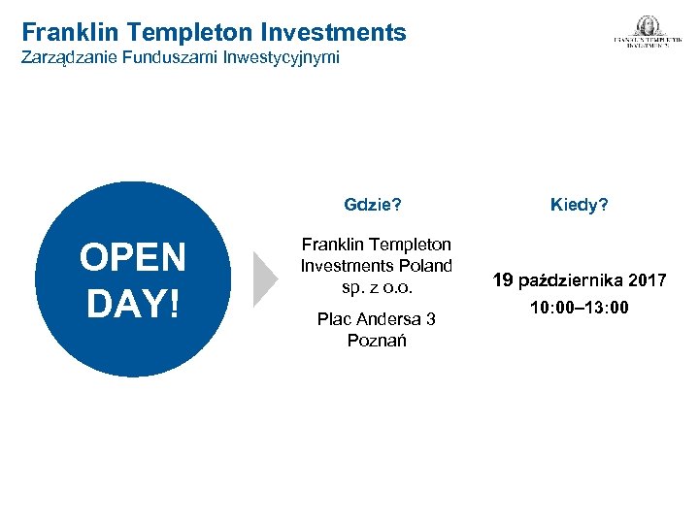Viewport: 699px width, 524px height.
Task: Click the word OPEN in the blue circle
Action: point(133,259)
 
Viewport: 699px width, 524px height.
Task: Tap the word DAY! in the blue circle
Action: point(133,303)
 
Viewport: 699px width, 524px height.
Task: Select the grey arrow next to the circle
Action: point(265,279)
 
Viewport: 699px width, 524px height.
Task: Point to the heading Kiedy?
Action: point(580,205)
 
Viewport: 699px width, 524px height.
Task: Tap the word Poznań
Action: point(377,341)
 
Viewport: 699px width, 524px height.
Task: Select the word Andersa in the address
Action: point(385,319)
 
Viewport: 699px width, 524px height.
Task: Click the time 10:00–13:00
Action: point(579,309)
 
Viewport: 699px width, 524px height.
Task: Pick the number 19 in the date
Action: point(503,280)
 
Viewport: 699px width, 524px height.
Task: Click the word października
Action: point(571,281)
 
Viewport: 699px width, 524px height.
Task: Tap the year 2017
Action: point(647,281)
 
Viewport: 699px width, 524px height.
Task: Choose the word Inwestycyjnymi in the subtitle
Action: point(282,58)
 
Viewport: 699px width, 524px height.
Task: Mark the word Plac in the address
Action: point(335,319)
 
